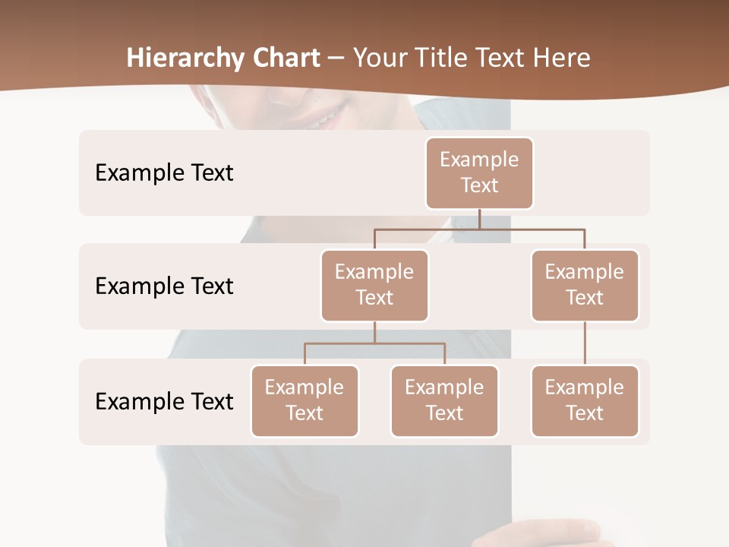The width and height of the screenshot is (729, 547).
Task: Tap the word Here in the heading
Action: click(x=562, y=58)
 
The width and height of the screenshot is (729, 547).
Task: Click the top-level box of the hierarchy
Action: click(x=479, y=172)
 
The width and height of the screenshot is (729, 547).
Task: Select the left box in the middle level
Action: click(x=374, y=285)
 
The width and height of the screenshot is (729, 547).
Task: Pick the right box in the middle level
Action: click(x=585, y=285)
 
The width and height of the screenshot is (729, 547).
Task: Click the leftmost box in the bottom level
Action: click(x=305, y=400)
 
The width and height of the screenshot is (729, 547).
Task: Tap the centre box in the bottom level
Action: click(x=444, y=400)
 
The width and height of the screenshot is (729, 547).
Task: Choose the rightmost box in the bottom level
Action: click(x=585, y=400)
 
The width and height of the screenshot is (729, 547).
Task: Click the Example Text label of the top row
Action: click(x=164, y=173)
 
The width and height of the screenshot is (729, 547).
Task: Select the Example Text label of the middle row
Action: click(x=164, y=286)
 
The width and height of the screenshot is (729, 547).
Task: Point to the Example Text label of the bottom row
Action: click(x=164, y=401)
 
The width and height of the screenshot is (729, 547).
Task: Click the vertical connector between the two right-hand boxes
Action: click(x=585, y=343)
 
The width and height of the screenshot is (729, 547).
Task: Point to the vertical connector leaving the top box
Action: click(x=479, y=219)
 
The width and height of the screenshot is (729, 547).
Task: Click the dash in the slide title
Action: click(x=336, y=58)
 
